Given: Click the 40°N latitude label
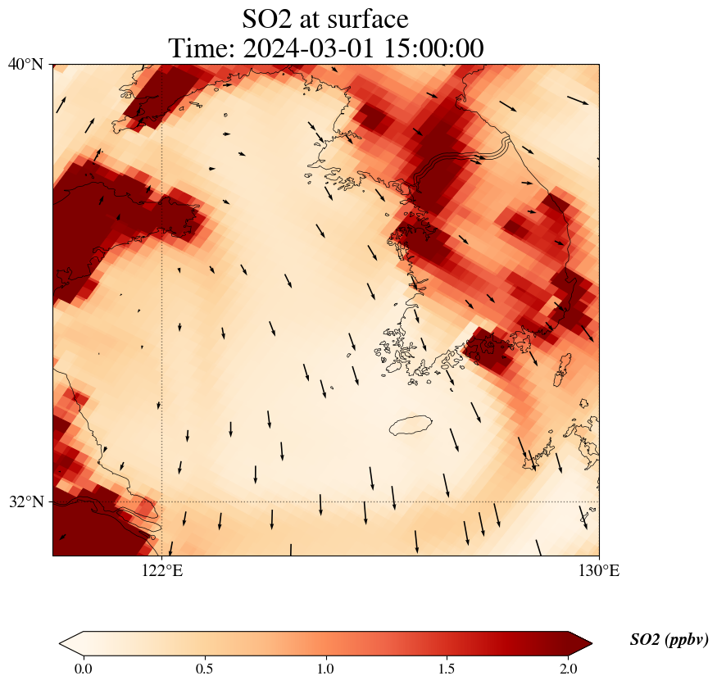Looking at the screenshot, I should (25, 64).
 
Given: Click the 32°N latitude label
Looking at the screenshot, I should (25, 501).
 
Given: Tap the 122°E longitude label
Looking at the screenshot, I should (162, 570).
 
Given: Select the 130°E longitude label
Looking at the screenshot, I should (599, 570).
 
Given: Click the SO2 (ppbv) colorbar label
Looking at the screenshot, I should (669, 640).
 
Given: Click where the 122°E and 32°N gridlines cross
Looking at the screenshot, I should (162, 501).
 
